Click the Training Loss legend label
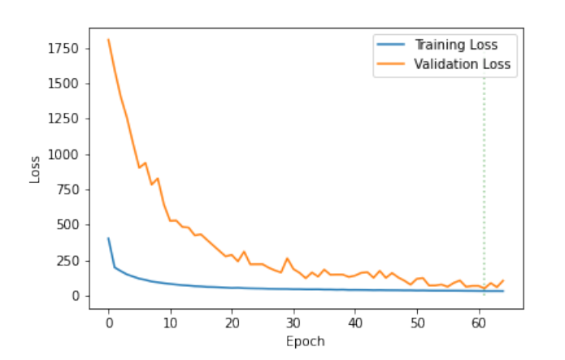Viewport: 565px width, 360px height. click(x=456, y=45)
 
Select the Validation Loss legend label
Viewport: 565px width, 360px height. click(x=462, y=64)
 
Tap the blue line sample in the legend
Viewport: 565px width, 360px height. click(x=390, y=45)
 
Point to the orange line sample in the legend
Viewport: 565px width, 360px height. click(x=390, y=64)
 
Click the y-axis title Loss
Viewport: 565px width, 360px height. click(x=35, y=168)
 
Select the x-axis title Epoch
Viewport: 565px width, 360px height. click(x=305, y=341)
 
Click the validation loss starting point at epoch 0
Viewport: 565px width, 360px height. click(x=108, y=40)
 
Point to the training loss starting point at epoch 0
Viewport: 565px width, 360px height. click(x=108, y=239)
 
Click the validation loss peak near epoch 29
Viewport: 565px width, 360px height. click(x=287, y=258)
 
